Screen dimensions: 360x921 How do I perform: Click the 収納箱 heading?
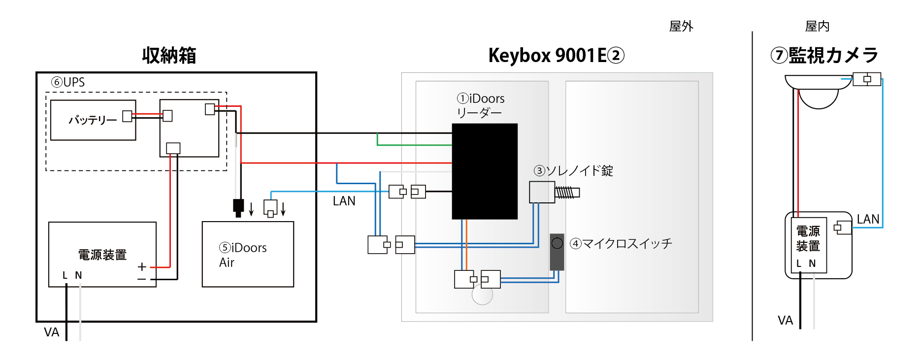[x=169, y=56]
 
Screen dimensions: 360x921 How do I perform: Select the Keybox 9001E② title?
[x=556, y=56]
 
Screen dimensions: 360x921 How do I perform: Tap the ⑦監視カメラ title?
[x=824, y=55]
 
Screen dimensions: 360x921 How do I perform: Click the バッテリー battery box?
[x=93, y=120]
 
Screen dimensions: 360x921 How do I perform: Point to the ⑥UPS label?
[x=68, y=82]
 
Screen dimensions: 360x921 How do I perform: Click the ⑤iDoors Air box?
[x=248, y=254]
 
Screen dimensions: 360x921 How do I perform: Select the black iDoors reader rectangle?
[x=485, y=171]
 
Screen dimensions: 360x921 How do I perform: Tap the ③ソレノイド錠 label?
[x=573, y=171]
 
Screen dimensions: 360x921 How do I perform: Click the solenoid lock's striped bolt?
[x=566, y=193]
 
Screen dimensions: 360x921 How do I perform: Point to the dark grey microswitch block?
[x=557, y=252]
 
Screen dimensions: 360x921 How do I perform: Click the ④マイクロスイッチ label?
[x=621, y=244]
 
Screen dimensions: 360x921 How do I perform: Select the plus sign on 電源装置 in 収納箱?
[x=142, y=267]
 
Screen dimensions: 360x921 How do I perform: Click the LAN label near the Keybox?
[x=344, y=201]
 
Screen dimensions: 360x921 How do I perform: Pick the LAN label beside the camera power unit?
[x=868, y=219]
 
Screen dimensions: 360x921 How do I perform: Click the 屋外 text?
[x=681, y=27]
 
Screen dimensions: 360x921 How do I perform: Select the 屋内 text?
[x=817, y=27]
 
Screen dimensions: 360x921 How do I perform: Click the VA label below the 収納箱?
[x=51, y=332]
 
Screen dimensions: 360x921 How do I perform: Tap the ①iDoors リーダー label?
[x=480, y=105]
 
